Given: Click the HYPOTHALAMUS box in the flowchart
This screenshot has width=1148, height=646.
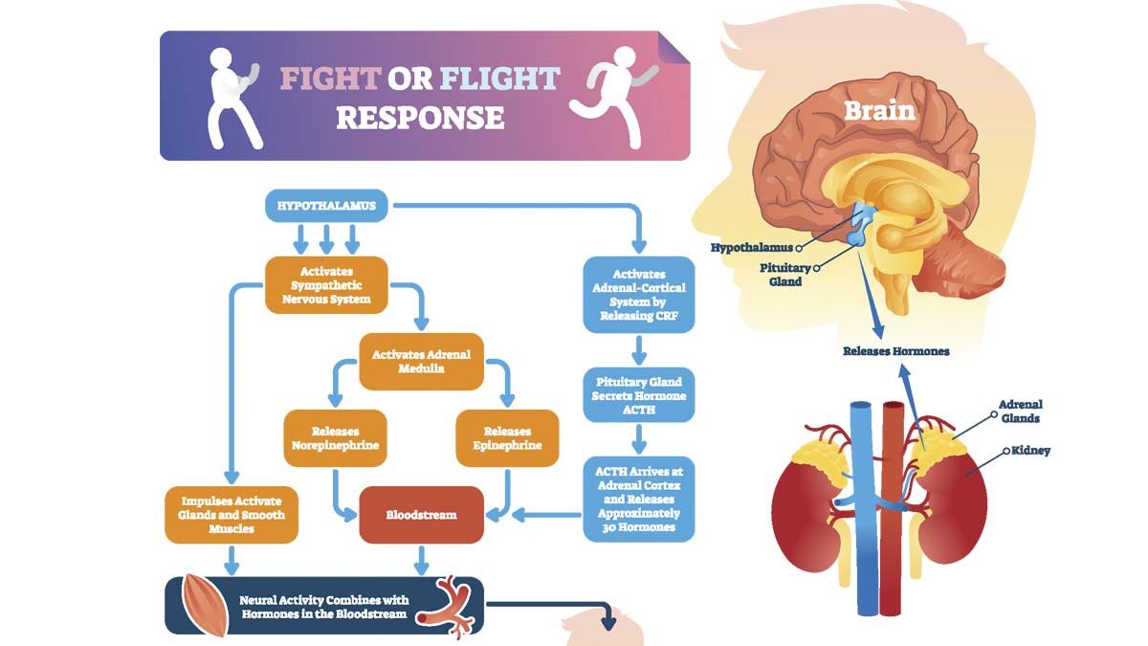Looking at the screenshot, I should [x=326, y=205].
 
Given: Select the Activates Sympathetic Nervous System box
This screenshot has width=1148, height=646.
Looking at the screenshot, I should [x=326, y=285].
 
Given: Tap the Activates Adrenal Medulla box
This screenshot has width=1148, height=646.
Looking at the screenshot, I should [x=421, y=362].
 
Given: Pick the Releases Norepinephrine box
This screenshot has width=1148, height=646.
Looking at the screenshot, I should [x=335, y=438].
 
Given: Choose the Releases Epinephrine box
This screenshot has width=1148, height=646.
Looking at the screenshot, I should [x=506, y=438].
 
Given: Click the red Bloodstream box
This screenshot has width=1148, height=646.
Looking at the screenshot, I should [x=421, y=514].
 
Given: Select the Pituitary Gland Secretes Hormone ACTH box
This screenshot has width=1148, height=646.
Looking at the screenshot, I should [x=639, y=395].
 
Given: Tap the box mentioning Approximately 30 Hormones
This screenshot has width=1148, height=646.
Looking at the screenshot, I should [x=639, y=499].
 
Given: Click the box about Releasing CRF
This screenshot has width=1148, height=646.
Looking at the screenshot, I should [x=639, y=293].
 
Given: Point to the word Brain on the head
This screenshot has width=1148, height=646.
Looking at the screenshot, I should [x=879, y=110].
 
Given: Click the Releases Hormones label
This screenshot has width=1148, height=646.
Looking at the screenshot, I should [x=895, y=351].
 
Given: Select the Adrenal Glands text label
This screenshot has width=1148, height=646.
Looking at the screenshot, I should [x=1020, y=411].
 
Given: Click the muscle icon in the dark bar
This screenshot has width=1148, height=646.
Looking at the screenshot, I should [x=203, y=606].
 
